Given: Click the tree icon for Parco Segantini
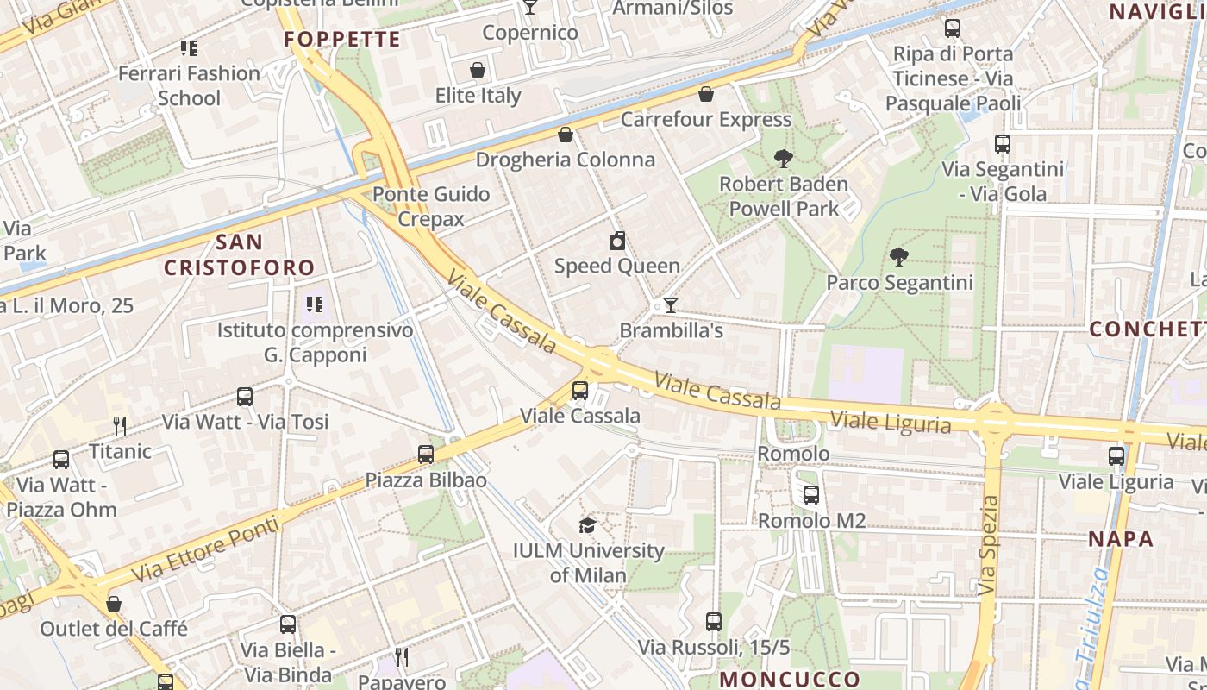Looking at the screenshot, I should [898, 257].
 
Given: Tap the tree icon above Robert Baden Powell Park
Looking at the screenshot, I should [783, 159].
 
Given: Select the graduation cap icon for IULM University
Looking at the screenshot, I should [587, 525].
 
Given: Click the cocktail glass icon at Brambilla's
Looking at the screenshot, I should [670, 305].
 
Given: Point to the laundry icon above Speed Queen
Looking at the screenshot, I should [616, 241].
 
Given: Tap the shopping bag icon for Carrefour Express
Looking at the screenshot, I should [705, 94].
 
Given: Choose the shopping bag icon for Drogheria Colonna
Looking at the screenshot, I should [565, 135].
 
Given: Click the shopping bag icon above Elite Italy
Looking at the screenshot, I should [477, 70].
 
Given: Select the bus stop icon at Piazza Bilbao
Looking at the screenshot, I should [425, 455].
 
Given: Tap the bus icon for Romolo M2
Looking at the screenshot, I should [810, 495].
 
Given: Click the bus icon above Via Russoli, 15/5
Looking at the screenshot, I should [713, 622].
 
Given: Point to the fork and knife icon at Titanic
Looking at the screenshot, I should [120, 425].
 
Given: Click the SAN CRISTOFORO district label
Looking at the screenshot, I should [240, 254].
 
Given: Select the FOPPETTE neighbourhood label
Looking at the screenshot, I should [342, 39].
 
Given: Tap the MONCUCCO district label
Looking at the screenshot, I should [790, 679].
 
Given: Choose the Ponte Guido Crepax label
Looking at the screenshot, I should [431, 206].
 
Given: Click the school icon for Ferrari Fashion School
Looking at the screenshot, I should [188, 48].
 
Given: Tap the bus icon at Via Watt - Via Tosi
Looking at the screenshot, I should [245, 397].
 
